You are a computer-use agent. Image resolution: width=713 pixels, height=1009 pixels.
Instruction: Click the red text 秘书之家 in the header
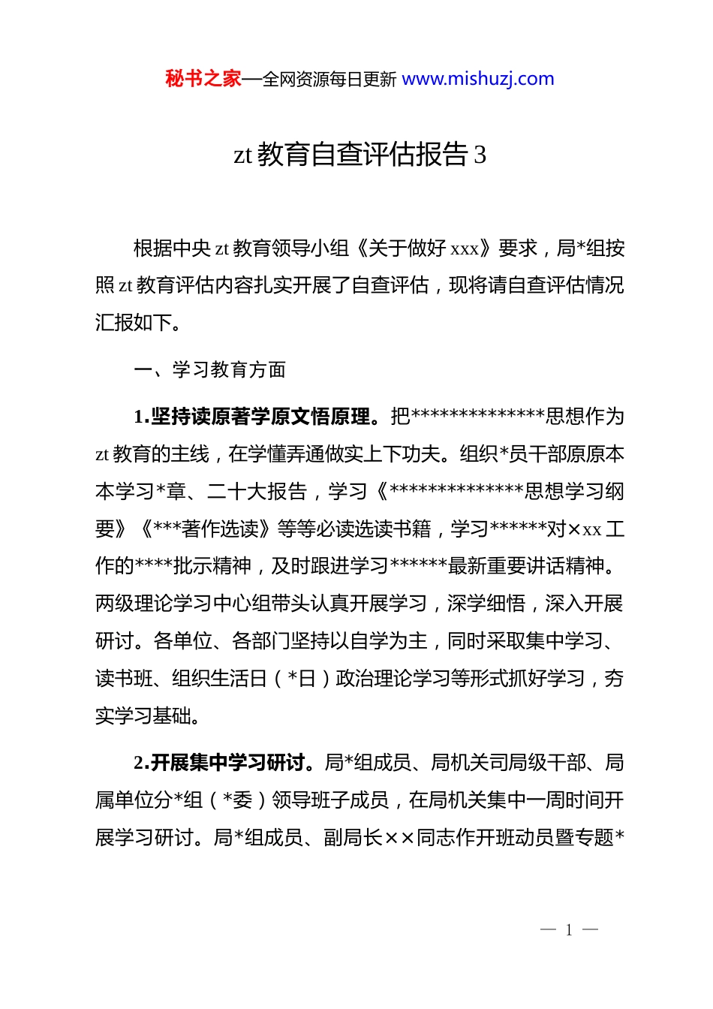coord(203,79)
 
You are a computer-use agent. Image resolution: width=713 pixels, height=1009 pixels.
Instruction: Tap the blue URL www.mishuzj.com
coord(478,79)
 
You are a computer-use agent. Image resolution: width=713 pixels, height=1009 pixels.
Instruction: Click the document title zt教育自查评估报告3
coord(360,155)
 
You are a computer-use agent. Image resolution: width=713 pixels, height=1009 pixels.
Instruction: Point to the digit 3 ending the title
coord(480,155)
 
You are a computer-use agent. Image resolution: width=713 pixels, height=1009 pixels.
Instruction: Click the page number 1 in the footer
coord(569,930)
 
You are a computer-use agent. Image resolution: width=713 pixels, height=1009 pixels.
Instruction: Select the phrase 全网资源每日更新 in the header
coord(329,80)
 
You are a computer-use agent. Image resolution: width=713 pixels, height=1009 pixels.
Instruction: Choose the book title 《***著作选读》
coord(207,529)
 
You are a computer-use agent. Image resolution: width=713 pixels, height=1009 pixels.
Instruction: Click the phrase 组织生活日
coord(220,679)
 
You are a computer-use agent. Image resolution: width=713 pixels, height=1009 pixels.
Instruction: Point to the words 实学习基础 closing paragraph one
coord(143,716)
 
